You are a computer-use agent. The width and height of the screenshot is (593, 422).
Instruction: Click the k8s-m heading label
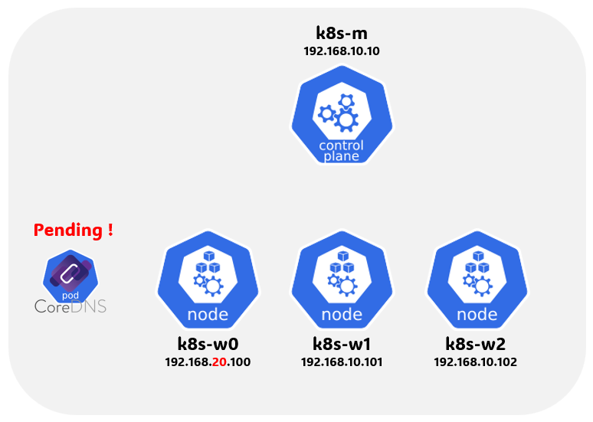(342, 33)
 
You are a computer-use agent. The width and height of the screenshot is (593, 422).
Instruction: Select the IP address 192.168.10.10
(342, 52)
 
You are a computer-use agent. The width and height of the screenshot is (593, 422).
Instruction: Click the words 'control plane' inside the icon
(342, 151)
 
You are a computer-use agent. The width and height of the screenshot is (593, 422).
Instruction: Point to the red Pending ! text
(74, 229)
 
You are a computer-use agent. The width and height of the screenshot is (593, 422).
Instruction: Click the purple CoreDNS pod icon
(70, 276)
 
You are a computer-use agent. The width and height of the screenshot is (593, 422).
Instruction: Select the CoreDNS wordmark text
(70, 306)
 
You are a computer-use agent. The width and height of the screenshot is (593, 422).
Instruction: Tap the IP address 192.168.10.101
(342, 361)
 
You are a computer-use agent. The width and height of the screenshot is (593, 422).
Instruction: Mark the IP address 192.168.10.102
(475, 361)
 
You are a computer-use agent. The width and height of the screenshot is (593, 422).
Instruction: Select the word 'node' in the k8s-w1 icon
(342, 314)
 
